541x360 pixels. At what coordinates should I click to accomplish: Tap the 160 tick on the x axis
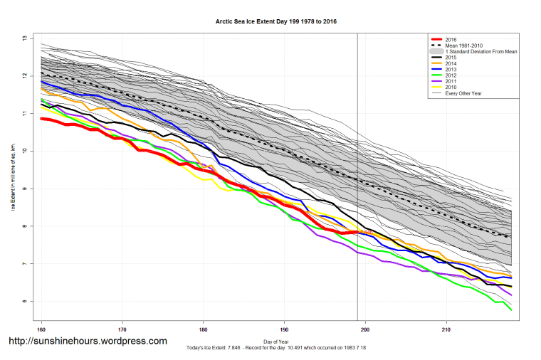[x=41, y=329]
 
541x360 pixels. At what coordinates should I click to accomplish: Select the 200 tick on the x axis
[x=366, y=329]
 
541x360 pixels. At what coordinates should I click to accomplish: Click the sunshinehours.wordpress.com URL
[x=87, y=342]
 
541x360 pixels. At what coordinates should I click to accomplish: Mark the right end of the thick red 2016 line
[x=357, y=232]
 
